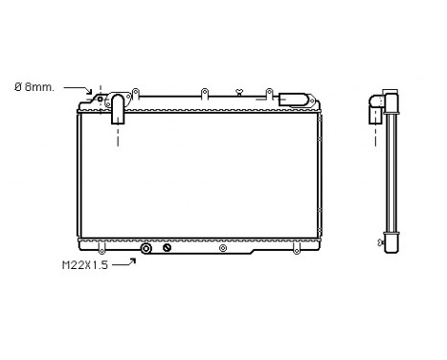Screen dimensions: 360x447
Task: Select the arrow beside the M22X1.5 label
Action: pos(123,262)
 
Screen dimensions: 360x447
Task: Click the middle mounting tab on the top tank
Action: pos(205,93)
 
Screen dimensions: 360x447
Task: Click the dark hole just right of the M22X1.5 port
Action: pos(166,249)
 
